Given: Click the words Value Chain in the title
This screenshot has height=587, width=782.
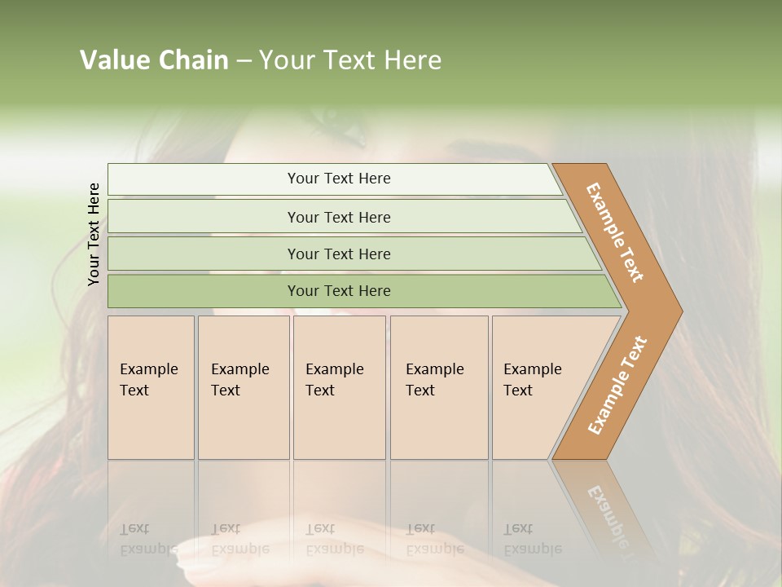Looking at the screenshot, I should [154, 60].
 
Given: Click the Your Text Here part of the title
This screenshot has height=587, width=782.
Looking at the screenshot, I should [350, 60].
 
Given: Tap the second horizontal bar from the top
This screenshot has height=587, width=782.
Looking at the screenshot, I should [339, 217].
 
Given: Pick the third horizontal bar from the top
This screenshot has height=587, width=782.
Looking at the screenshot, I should [339, 254].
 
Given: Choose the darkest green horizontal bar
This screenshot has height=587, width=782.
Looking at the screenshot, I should [339, 291].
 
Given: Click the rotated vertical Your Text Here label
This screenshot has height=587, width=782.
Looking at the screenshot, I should [94, 234].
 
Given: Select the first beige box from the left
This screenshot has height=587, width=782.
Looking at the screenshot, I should [151, 387].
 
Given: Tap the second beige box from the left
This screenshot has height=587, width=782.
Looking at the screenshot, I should [243, 387].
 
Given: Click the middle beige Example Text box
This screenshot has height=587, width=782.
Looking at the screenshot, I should [339, 387].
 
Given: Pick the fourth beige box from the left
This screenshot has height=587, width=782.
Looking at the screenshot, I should [438, 387].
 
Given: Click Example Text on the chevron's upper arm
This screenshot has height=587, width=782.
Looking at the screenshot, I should [616, 232].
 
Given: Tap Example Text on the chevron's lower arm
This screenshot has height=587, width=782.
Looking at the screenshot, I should [617, 386].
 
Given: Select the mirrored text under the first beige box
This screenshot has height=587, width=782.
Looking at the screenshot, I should [149, 539].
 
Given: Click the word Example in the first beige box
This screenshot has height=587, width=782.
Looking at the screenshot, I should [148, 369].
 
